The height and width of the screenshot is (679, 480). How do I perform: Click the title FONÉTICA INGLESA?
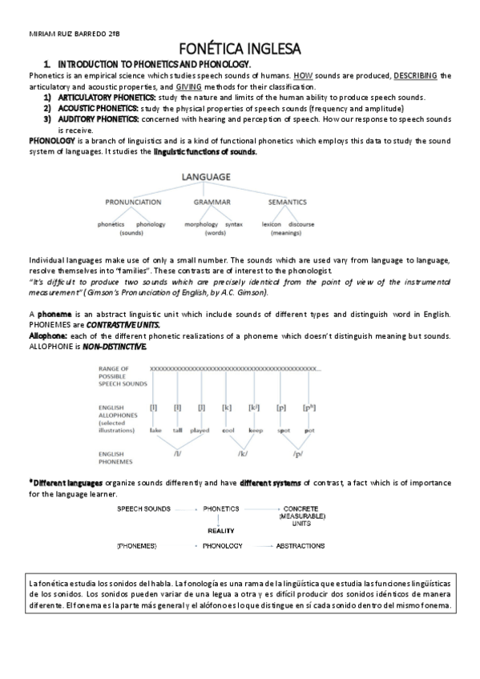240,50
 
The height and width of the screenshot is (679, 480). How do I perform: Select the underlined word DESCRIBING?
416,75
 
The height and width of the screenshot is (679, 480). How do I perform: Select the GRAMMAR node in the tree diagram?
212,203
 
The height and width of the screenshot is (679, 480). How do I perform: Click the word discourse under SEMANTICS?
301,224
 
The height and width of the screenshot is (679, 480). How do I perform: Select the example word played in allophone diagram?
200,430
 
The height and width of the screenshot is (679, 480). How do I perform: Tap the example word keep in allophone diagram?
255,430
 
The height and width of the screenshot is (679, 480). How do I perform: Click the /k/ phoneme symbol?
242,454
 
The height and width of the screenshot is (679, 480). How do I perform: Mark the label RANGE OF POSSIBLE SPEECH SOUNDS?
122,376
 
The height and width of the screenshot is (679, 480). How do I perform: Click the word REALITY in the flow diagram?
220,530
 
